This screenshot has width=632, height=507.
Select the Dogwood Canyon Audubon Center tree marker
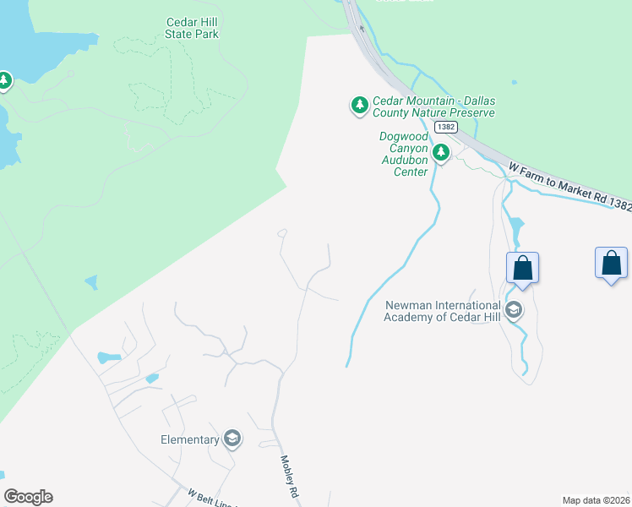coord(440,153)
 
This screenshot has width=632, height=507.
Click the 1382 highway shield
coord(446,127)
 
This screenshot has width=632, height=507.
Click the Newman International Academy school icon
coord(513,311)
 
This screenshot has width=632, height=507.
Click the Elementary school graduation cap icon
coord(232,439)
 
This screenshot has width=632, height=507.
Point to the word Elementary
coord(189,439)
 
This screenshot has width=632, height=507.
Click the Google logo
coord(28,497)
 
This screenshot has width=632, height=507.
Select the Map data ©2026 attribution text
coord(595,500)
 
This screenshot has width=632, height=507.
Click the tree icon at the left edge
coord(4,80)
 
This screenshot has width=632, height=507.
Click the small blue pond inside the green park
coord(90,281)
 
